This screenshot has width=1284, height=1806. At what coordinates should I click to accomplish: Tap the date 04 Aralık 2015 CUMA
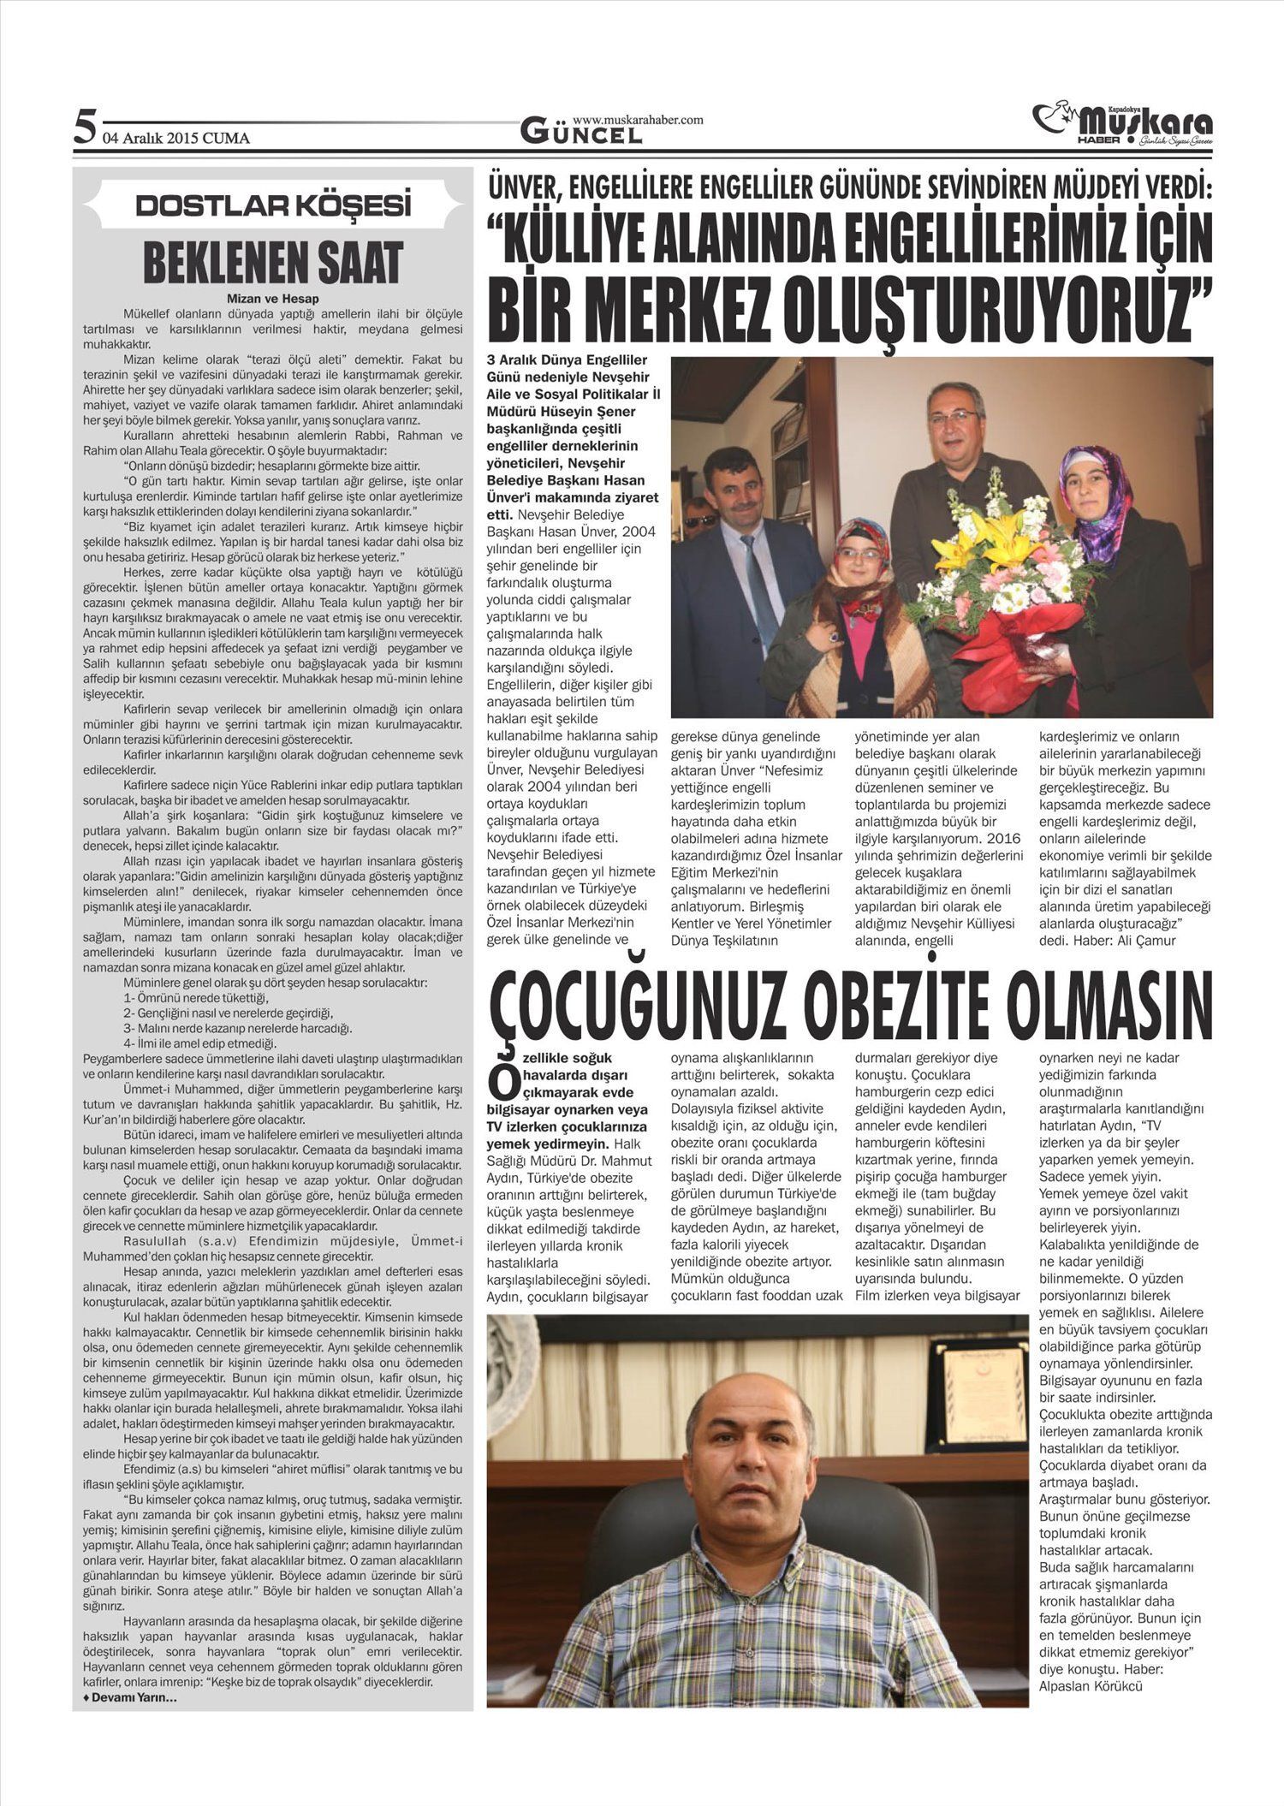tap(175, 138)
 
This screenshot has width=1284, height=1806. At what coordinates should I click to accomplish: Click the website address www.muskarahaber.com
tap(638, 120)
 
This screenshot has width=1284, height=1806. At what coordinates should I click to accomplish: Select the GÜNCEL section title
tap(581, 134)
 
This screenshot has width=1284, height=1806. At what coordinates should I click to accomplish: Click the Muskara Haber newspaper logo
tap(1122, 124)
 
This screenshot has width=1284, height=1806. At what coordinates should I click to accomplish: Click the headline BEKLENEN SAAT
tap(273, 262)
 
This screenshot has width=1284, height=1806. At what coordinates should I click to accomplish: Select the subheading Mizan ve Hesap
tap(273, 299)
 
